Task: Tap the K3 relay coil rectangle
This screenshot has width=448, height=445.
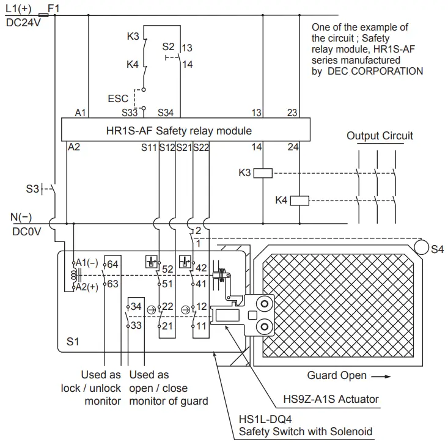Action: tap(263, 173)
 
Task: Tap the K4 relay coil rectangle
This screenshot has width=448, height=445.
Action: tap(299, 200)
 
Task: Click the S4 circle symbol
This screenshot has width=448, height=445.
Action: tap(420, 248)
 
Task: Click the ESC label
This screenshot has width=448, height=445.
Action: tap(118, 98)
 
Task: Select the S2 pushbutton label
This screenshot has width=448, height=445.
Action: tap(168, 46)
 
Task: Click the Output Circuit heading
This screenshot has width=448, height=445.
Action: tap(380, 136)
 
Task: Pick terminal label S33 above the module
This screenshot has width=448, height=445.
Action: tap(129, 112)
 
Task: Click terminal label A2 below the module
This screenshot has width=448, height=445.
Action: tap(74, 147)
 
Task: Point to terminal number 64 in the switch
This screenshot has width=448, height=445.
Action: tap(113, 264)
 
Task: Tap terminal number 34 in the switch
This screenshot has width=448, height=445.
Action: tap(136, 306)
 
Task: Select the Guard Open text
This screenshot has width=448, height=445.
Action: tap(336, 375)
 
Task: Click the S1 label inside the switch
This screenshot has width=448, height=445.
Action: tap(72, 342)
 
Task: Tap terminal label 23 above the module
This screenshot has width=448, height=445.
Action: tap(292, 112)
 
